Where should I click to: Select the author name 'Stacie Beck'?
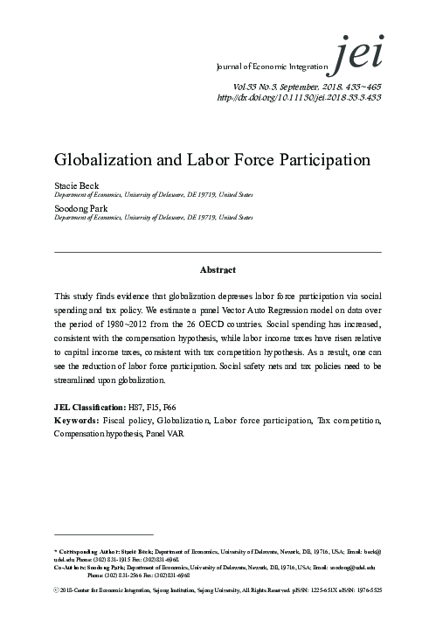click(73, 186)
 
